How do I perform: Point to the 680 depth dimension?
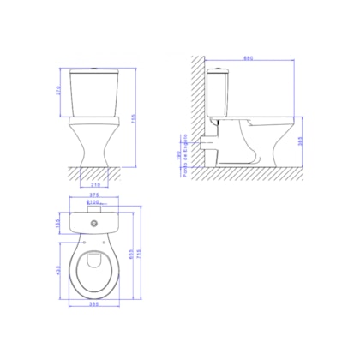coord(249,58)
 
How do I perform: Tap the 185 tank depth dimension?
coord(59,225)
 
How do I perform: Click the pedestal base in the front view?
coord(93,150)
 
